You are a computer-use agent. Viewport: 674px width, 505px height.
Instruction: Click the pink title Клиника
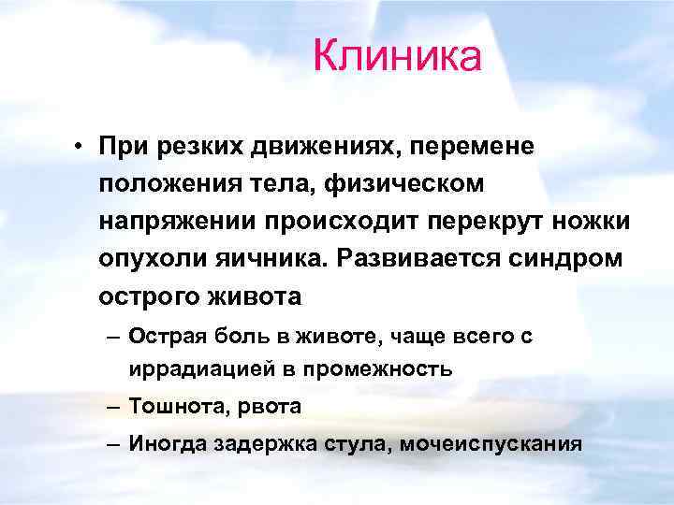click(397, 55)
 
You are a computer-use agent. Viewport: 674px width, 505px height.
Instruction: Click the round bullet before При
click(83, 147)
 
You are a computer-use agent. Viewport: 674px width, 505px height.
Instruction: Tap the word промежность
click(386, 368)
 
